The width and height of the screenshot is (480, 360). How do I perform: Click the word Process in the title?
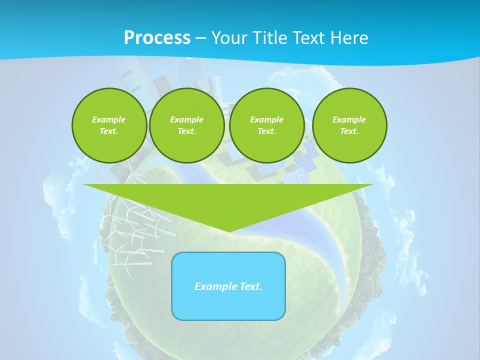point(157,38)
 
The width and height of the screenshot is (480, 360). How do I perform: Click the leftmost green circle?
point(109,125)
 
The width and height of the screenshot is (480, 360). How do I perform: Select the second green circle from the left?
point(186,125)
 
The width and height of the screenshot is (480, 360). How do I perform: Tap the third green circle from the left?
point(266,125)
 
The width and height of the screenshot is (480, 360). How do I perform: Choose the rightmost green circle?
point(349,125)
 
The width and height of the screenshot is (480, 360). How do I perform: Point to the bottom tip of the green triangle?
point(228,231)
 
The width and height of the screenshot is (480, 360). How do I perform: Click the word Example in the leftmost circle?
point(109,119)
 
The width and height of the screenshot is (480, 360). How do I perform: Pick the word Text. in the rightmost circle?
point(349,131)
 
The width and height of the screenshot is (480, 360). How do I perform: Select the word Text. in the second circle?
point(186,131)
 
